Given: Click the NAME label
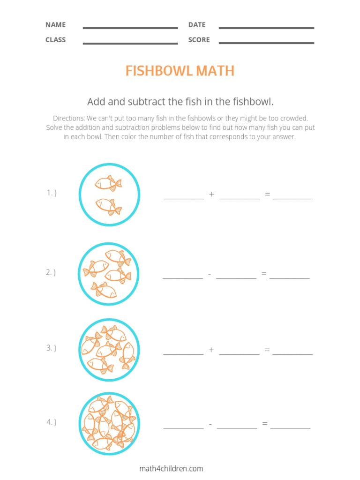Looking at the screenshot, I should (55, 25).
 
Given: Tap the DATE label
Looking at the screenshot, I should (197, 25).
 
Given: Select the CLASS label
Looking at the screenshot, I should (55, 40).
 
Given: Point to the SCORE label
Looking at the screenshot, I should (199, 40).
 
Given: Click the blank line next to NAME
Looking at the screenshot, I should (130, 28).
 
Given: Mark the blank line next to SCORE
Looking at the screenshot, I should (266, 43).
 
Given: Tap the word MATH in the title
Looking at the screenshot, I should (215, 71).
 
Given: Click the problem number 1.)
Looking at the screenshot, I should (52, 193).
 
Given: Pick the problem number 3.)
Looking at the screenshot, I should (52, 348).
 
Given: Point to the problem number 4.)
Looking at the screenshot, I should (52, 422).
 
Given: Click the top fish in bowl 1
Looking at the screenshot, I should (108, 183).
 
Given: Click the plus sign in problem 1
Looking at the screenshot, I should (211, 194).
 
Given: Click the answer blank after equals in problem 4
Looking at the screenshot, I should (290, 427).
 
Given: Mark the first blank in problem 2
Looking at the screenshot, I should (183, 278).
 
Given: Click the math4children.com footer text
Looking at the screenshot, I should (171, 468).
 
